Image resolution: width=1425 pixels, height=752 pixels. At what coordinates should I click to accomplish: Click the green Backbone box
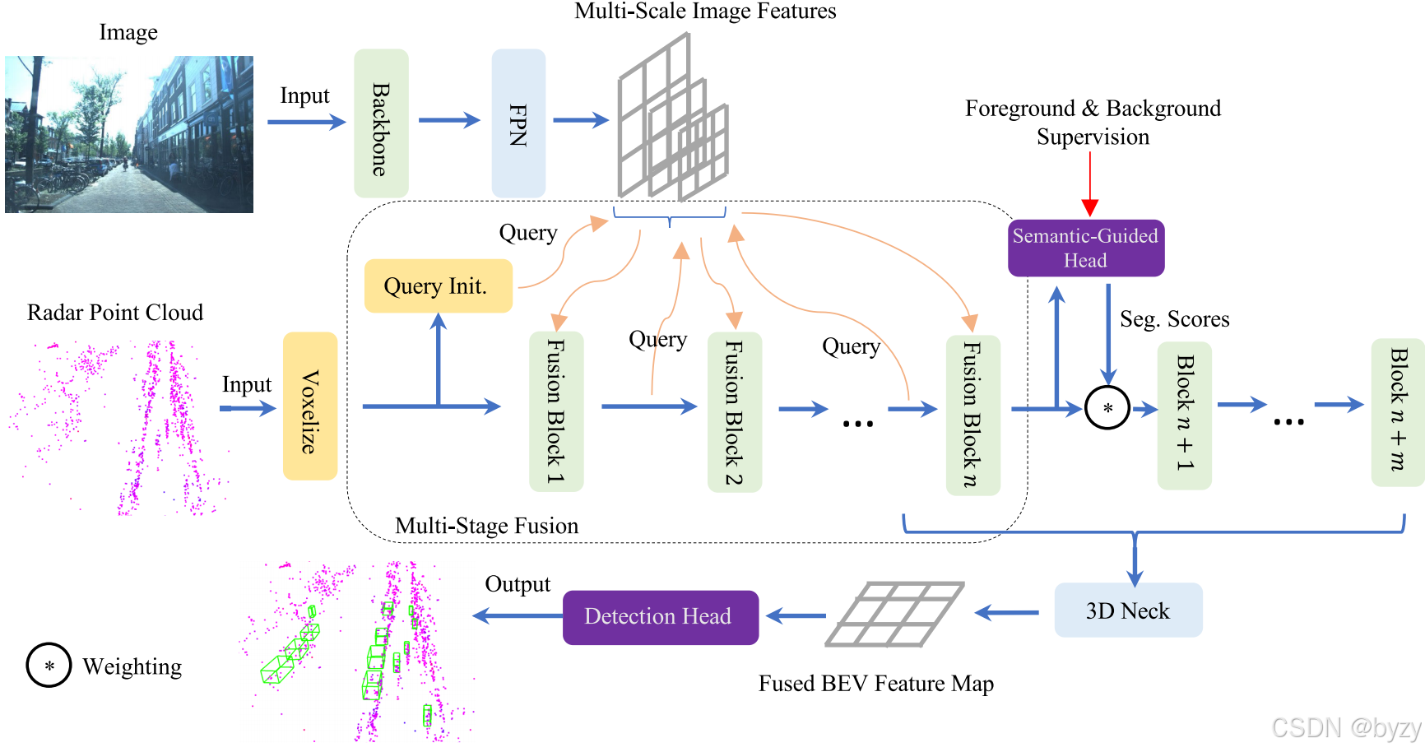381,123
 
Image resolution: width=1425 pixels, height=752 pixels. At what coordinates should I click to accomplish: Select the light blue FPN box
518,123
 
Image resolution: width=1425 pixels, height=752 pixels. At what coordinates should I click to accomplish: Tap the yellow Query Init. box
438,286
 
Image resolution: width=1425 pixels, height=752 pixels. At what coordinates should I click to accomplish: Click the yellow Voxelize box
310,406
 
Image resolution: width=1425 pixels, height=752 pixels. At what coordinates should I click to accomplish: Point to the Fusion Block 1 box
556,411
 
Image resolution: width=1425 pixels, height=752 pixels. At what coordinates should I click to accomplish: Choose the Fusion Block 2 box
735,411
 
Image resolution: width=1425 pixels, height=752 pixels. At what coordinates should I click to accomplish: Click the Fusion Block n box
972,415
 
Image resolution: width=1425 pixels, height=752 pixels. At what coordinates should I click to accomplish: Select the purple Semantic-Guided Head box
1086,248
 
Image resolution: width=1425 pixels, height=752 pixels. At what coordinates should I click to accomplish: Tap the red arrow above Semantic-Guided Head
1090,184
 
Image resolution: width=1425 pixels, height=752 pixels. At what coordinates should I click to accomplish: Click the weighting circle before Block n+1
1107,408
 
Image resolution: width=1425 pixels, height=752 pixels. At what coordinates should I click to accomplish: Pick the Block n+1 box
1184,415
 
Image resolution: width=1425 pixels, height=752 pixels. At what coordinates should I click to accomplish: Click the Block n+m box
1397,411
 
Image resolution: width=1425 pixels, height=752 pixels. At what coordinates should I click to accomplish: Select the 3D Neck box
1128,610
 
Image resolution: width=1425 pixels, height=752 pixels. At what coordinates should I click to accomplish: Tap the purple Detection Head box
660,617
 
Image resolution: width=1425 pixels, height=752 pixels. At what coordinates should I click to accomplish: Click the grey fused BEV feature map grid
895,615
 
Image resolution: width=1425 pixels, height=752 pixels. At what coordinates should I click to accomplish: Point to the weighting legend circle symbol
49,666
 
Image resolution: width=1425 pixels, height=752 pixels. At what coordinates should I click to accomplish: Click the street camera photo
129,134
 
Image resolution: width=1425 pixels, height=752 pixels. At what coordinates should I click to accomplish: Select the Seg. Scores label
1174,319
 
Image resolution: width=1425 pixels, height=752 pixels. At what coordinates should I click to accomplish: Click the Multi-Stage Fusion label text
486,526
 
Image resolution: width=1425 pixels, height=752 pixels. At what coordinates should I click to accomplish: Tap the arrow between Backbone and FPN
448,120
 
